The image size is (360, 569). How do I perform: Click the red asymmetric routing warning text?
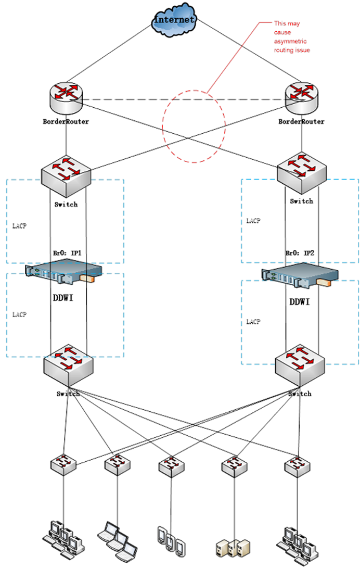click(292, 37)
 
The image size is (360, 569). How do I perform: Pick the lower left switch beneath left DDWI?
click(68, 364)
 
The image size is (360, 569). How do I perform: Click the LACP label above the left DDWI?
click(19, 226)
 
